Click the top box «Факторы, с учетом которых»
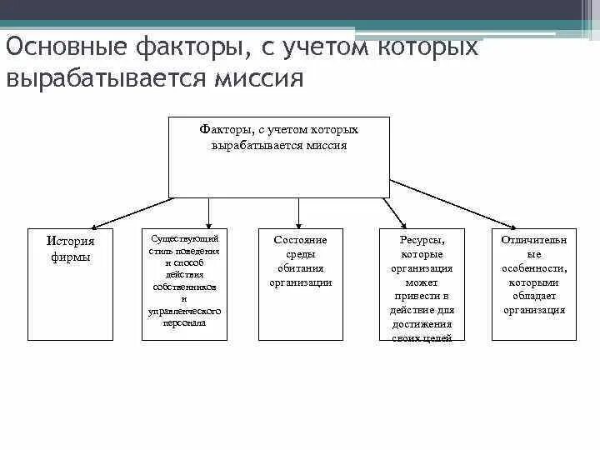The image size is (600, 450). coord(278,157)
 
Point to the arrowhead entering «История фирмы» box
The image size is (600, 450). coord(94,225)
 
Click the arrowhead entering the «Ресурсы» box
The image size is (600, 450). coord(403,224)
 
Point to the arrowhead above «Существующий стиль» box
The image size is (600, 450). coord(208,224)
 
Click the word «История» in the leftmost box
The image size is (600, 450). coord(70,241)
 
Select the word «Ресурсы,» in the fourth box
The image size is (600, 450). coord(422,240)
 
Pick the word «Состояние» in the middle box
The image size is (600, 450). coord(300,240)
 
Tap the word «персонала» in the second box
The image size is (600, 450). coord(184,322)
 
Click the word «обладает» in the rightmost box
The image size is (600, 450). coord(534,296)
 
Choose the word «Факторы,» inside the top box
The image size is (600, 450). coord(222,131)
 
